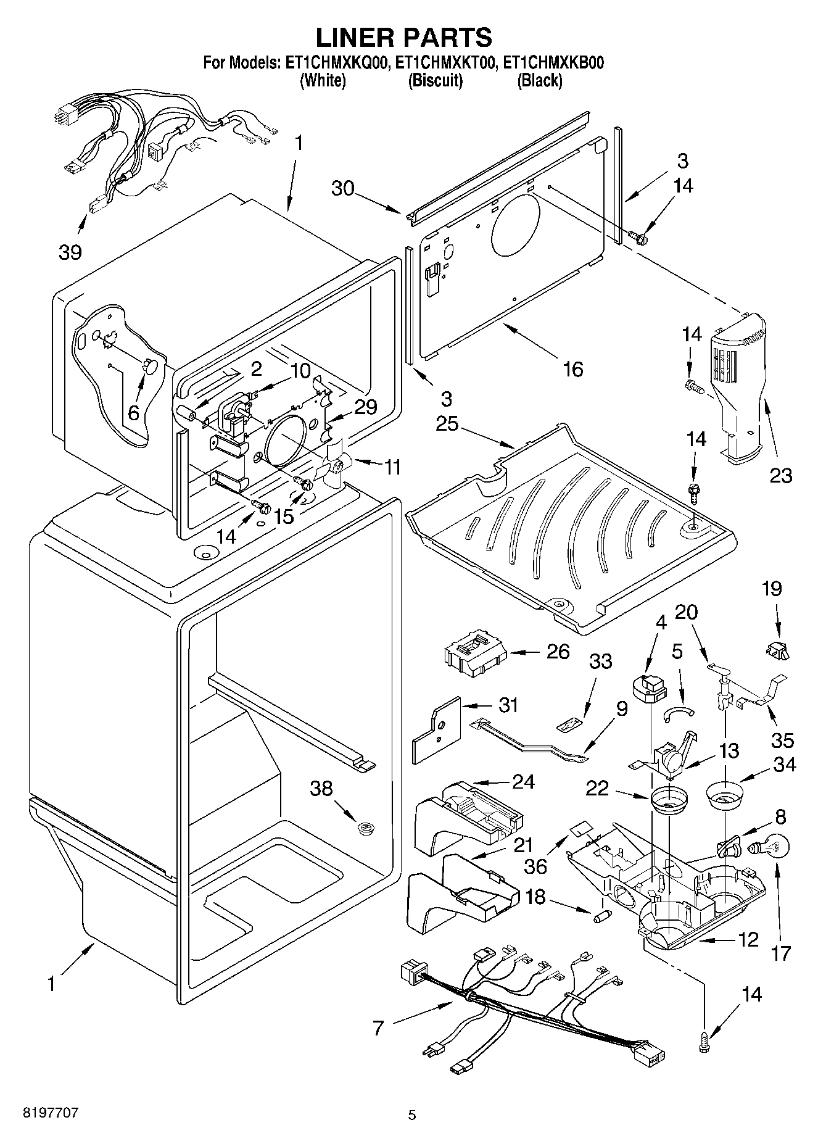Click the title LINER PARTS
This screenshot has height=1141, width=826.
click(404, 38)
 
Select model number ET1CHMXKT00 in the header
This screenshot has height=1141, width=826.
click(446, 63)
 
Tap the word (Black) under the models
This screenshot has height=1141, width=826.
click(540, 80)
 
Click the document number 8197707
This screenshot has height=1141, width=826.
click(51, 1113)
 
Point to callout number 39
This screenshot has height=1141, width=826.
click(70, 252)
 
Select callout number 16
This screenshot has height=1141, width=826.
click(573, 369)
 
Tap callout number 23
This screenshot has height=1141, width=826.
click(780, 475)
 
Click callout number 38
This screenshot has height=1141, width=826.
click(321, 789)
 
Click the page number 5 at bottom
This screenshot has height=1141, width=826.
click(412, 1115)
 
